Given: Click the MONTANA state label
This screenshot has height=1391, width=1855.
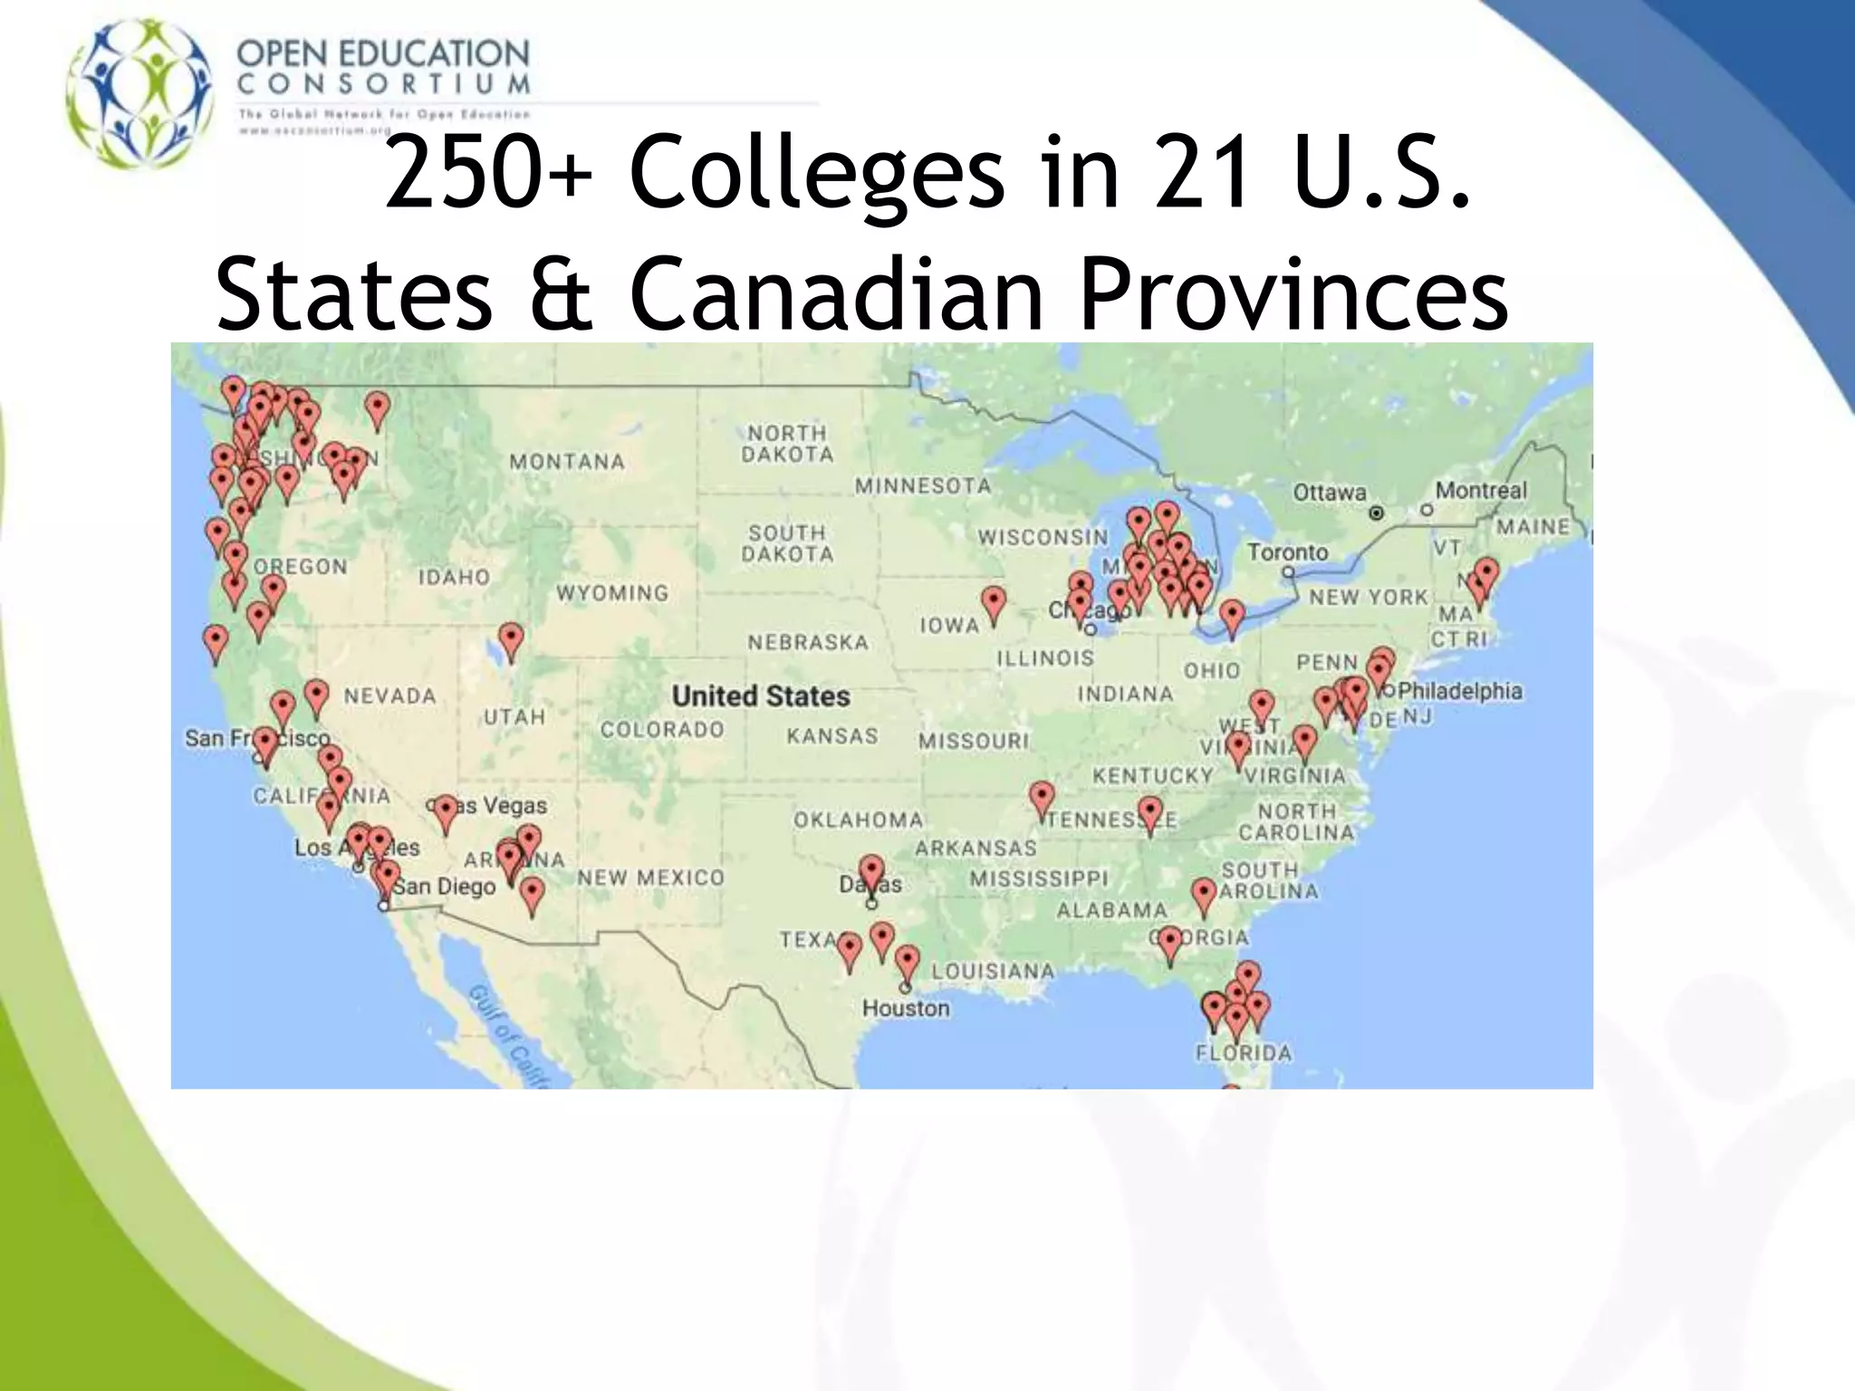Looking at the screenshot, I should click(567, 462).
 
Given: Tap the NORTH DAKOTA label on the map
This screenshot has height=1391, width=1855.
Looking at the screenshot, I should click(787, 444).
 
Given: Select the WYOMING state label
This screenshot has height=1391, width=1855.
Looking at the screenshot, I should click(612, 593).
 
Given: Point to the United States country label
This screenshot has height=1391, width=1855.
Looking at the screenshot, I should click(761, 696).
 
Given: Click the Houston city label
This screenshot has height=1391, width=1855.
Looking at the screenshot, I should click(906, 1008).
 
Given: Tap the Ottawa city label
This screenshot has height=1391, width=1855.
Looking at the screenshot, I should click(1329, 493).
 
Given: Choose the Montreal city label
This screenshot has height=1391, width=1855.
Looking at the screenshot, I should click(1481, 490).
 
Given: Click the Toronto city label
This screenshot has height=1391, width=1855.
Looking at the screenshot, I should click(1287, 552).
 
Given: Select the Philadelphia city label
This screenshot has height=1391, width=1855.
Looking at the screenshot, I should click(1459, 691).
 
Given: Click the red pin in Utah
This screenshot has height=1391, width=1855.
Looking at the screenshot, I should click(511, 639).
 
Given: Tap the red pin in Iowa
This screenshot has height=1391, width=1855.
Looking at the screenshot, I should click(994, 602).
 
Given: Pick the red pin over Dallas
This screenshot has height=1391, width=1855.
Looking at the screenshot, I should click(871, 871).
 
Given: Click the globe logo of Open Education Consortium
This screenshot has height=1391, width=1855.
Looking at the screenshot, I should click(141, 93).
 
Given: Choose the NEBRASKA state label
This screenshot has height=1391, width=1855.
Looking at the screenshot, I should click(807, 642).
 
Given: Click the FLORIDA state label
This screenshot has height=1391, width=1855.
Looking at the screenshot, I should click(1244, 1053).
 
